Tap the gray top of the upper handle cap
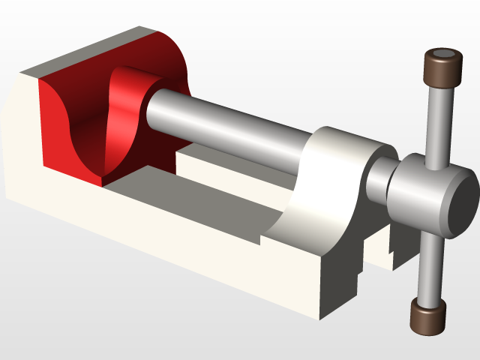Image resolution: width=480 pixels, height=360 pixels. [442, 55]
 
